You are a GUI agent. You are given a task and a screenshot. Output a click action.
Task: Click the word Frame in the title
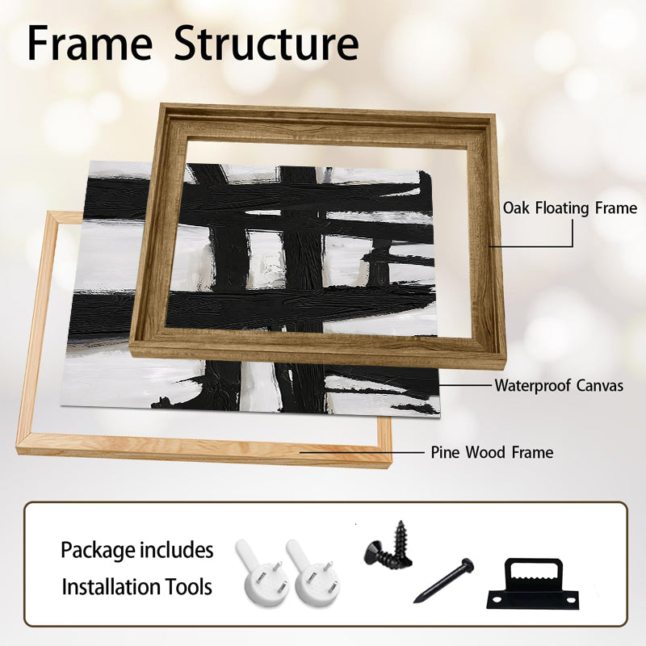(x=90, y=44)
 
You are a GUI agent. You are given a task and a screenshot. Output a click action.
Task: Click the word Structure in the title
(x=266, y=44)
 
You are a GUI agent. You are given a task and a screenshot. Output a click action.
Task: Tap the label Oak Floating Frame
(x=570, y=208)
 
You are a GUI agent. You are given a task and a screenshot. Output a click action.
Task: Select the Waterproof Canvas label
(x=559, y=386)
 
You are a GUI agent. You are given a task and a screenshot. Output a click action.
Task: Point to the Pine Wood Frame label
(x=492, y=452)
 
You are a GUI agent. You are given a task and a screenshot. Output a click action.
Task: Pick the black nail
(x=443, y=580)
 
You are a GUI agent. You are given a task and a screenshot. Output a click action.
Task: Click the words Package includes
(x=136, y=550)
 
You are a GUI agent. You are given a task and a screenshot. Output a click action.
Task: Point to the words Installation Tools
(x=136, y=587)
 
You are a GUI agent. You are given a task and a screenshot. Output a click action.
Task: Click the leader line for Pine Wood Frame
(x=361, y=452)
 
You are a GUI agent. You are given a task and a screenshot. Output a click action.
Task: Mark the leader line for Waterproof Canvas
(x=466, y=386)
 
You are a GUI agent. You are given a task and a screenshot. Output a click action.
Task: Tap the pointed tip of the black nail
(x=415, y=602)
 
